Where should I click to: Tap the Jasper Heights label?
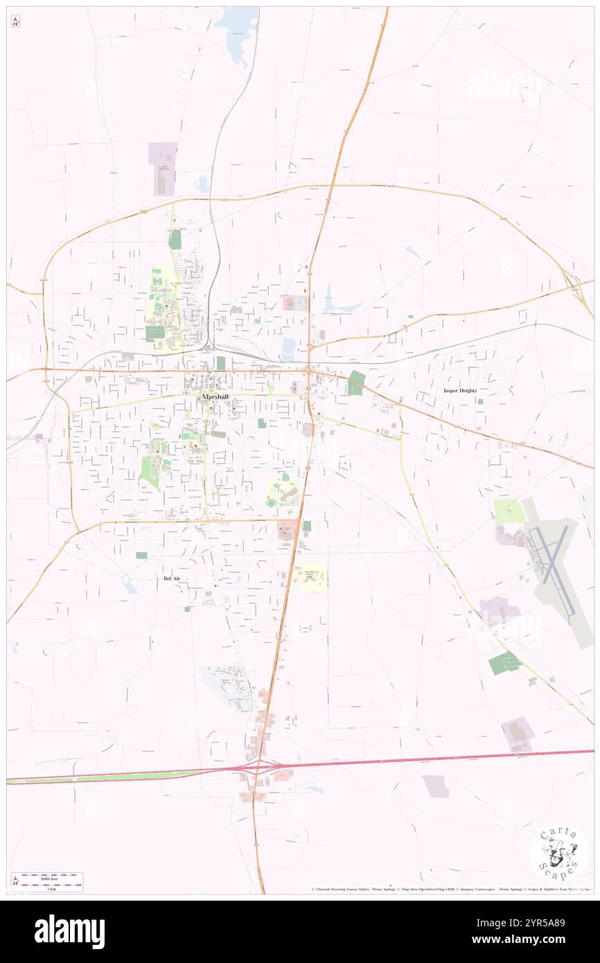[460, 391]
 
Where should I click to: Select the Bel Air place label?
[171, 578]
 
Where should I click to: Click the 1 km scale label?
[48, 889]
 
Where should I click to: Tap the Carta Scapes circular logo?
[558, 853]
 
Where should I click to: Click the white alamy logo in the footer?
[69, 932]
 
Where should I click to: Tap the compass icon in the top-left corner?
[15, 21]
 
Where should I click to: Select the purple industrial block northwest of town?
[163, 169]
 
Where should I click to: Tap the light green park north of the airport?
[506, 511]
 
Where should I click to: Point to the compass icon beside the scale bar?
[15, 881]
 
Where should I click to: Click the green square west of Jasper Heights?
[356, 382]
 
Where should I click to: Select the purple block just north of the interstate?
[518, 734]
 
